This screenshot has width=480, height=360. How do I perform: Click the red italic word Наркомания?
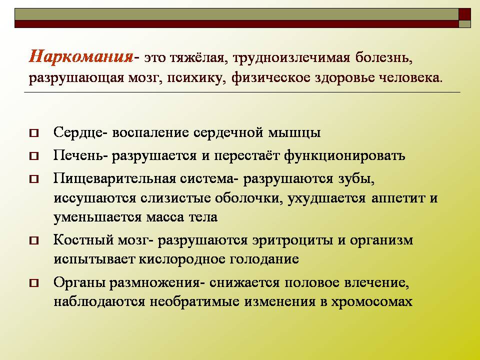81,56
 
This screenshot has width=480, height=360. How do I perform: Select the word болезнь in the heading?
384,57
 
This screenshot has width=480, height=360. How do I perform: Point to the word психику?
196,78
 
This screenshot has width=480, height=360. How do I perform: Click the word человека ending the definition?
411,78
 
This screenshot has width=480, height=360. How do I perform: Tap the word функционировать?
344,155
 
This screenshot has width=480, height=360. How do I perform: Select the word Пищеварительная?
115,179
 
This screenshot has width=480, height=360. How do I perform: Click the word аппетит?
398,198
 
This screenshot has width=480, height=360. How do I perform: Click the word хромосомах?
372,302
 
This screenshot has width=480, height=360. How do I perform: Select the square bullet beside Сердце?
34,133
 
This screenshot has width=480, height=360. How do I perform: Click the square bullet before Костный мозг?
34,240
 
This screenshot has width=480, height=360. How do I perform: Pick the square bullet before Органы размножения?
34,283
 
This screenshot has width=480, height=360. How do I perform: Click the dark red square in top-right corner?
464,14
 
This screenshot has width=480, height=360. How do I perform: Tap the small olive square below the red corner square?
464,24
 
